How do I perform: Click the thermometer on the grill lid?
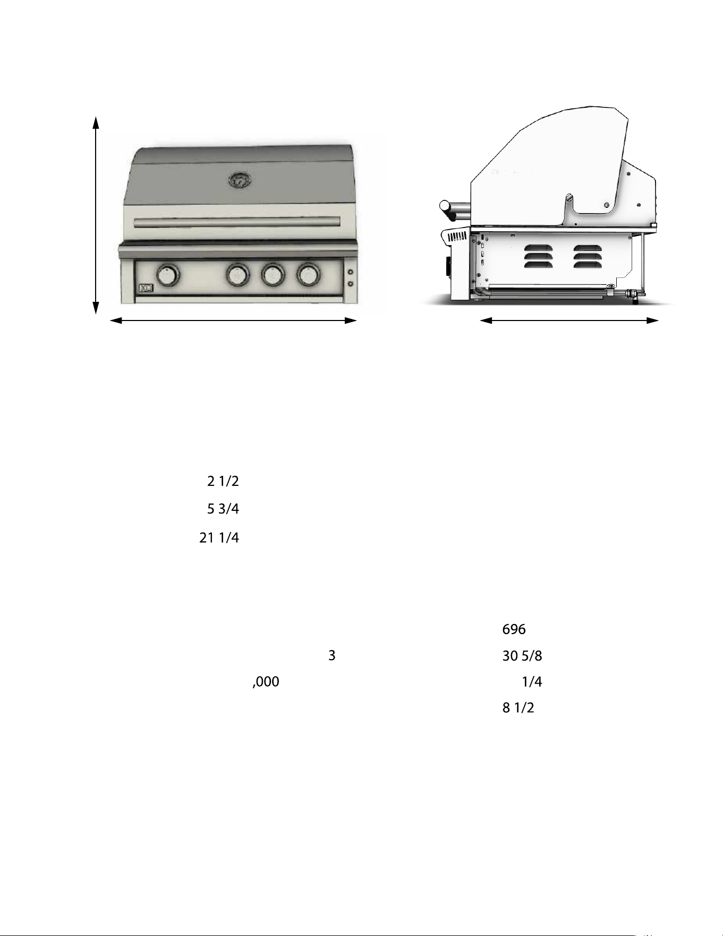pos(240,180)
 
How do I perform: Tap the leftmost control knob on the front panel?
pos(168,276)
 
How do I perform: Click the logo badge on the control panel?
pos(145,289)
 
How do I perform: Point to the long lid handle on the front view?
pos(237,222)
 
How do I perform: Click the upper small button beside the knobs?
pos(350,273)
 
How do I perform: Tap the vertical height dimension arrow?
pos(96,215)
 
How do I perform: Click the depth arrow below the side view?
pos(569,321)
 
